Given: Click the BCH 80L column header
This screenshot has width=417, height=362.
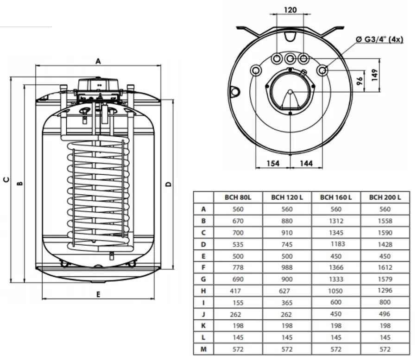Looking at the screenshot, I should pos(238,197).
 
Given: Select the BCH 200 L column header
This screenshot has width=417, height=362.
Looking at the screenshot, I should pos(385,197).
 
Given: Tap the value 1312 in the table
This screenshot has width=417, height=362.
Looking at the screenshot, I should pos(336,221).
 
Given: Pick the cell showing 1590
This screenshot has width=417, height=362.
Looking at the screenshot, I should pos(385,232).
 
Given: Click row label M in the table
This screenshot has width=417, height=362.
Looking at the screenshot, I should pos(203,349).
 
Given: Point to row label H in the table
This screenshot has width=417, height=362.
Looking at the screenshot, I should pos(203,291).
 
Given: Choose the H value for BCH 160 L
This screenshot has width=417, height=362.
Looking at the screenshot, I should pos(336,291).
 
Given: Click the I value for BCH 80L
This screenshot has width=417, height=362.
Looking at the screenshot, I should pos(238,302).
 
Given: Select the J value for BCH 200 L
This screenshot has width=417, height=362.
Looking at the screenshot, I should pos(385,314).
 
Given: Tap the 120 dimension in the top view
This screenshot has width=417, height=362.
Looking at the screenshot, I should pos(290,9).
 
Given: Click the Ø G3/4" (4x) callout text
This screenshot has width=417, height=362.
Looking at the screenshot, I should pos(379,39).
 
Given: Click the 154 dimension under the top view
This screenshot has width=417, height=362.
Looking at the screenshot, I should pos(273,163).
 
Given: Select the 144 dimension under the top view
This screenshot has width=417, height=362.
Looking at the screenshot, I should pos(306,163).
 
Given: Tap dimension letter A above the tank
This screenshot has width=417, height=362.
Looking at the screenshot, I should pos(98,61).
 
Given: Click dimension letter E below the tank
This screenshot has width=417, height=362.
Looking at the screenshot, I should pos(98,294).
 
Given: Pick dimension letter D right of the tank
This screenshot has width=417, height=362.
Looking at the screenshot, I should pos(169,184).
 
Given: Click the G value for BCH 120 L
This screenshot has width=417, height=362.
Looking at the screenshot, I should pos(287,279).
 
